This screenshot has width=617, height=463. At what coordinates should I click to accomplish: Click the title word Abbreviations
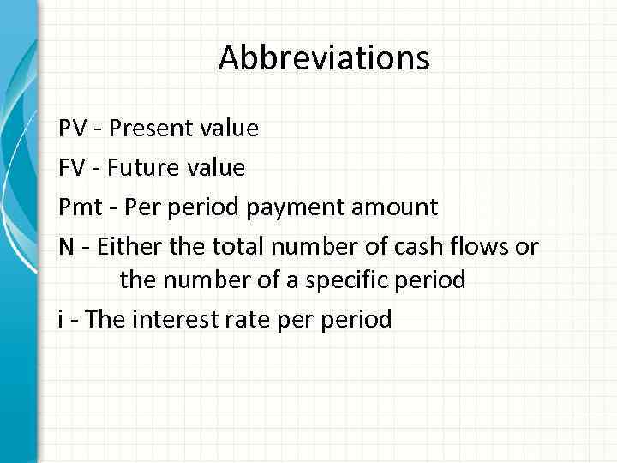323,58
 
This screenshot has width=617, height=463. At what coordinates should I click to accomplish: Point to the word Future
147,167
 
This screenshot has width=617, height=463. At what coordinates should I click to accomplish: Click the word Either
125,247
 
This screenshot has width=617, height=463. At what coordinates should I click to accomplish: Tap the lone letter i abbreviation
61,320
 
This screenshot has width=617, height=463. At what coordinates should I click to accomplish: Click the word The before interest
105,320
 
